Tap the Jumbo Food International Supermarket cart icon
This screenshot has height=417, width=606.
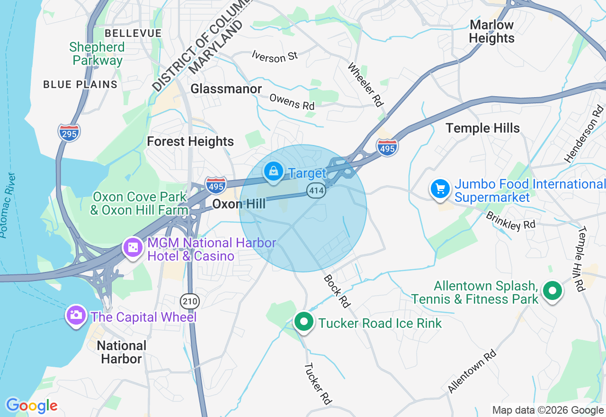pyautogui.click(x=440, y=189)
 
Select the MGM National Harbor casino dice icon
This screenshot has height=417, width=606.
pyautogui.click(x=134, y=247)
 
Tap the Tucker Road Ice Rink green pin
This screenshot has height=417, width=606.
pyautogui.click(x=304, y=322)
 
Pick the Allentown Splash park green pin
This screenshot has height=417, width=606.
pyautogui.click(x=552, y=290)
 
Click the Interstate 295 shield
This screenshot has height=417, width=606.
pyautogui.click(x=69, y=133)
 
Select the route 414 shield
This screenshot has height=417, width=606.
pyautogui.click(x=315, y=191)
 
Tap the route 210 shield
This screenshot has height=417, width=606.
pyautogui.click(x=190, y=301)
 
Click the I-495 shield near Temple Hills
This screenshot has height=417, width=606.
pyautogui.click(x=387, y=147)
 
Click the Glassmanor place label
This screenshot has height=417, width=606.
pyautogui.click(x=226, y=89)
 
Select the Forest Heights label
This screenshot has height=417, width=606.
pyautogui.click(x=190, y=141)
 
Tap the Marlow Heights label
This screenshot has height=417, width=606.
pyautogui.click(x=491, y=31)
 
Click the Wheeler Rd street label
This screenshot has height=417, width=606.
pyautogui.click(x=365, y=84)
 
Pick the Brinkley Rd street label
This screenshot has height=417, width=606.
pyautogui.click(x=510, y=220)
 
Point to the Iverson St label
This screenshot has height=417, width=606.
pyautogui.click(x=275, y=56)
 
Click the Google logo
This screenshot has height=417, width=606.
pyautogui.click(x=31, y=406)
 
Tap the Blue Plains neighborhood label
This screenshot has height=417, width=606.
pyautogui.click(x=80, y=84)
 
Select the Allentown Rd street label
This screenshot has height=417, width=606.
pyautogui.click(x=472, y=371)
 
